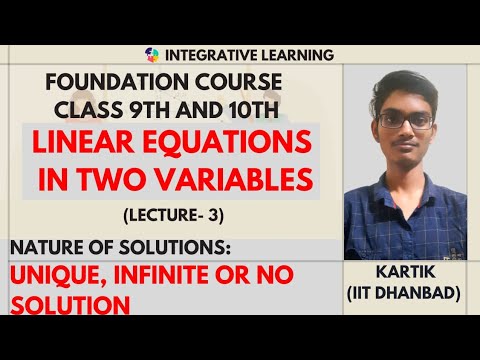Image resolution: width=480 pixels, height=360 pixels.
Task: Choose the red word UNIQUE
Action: pyautogui.click(x=54, y=274)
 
